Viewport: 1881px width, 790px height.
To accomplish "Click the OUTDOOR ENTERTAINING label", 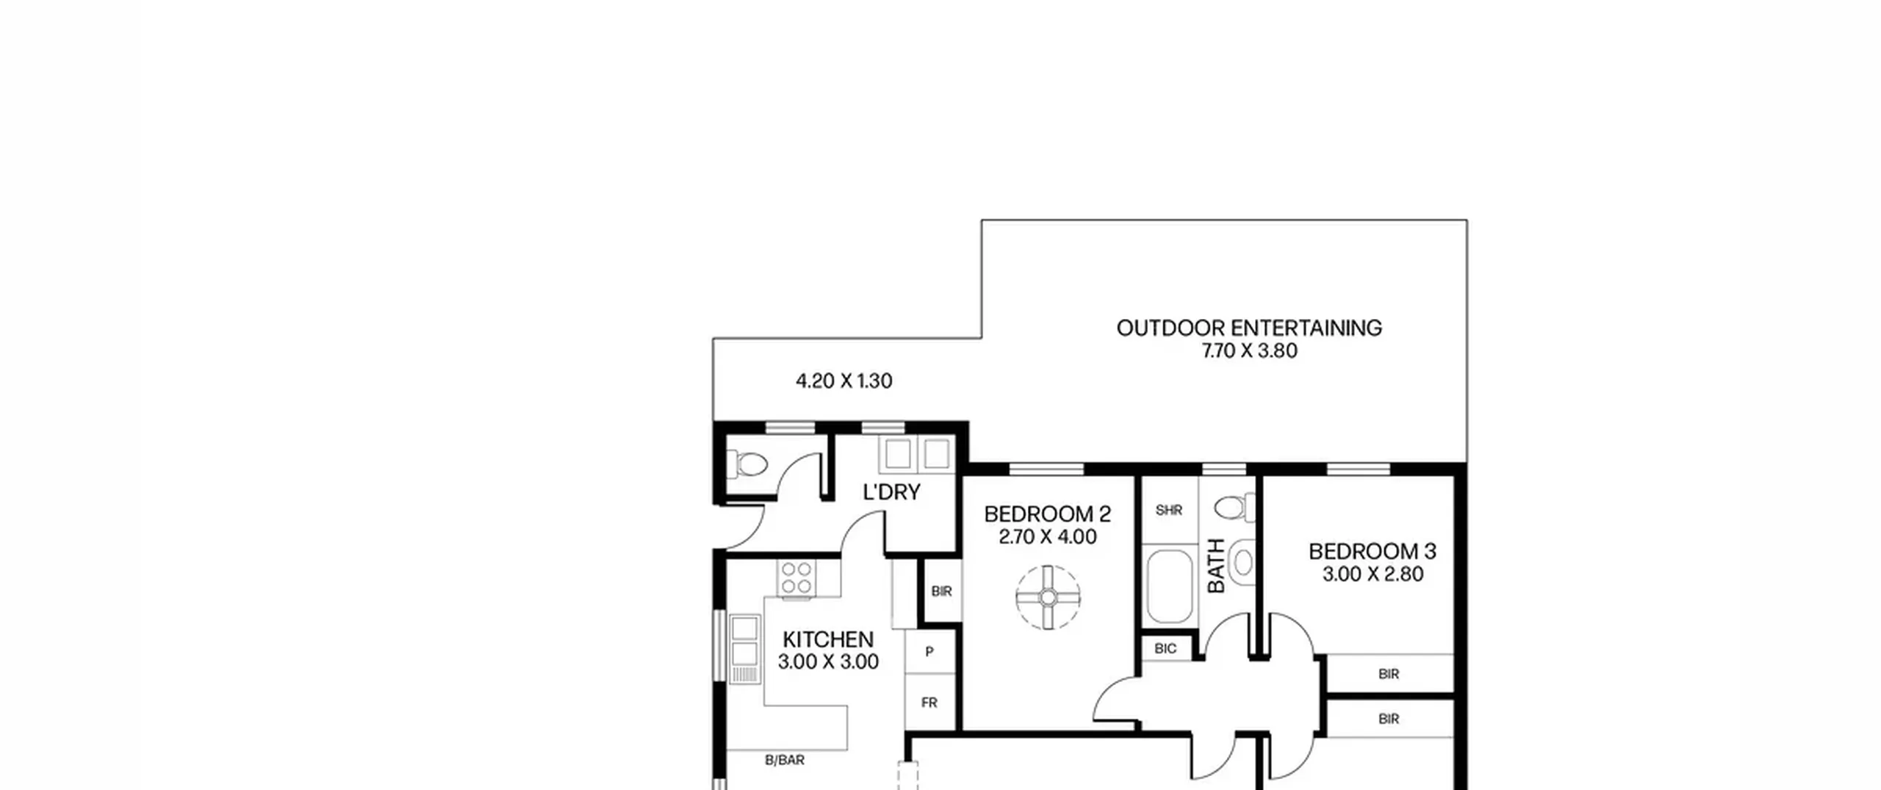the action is [1249, 328].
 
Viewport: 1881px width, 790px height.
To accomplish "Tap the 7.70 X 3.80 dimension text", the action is [1249, 351].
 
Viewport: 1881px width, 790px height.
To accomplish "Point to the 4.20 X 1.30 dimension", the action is [844, 381].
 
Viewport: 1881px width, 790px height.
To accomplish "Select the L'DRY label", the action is [891, 492].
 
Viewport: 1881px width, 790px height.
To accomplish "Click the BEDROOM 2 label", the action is [1048, 514].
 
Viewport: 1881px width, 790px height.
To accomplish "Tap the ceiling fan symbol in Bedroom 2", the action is [1049, 597].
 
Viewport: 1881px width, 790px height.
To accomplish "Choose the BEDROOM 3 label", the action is [1373, 551].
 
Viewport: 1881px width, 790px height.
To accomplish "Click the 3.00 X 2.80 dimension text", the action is [1373, 574].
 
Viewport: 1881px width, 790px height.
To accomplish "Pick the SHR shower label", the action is [1169, 510].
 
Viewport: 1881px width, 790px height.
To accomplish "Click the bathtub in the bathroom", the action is [1170, 586].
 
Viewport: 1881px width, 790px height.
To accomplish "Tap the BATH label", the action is [1216, 566].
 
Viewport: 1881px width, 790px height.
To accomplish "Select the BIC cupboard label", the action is [1165, 648].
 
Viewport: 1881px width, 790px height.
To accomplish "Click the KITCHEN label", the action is [828, 639].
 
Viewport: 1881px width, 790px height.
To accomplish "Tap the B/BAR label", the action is [785, 760].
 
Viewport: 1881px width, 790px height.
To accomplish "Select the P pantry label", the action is [929, 651].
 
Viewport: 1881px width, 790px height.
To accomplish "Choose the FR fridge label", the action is [929, 703].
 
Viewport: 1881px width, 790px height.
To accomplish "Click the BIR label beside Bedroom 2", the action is [941, 591].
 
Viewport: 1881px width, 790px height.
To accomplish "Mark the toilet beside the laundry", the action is [747, 464].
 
